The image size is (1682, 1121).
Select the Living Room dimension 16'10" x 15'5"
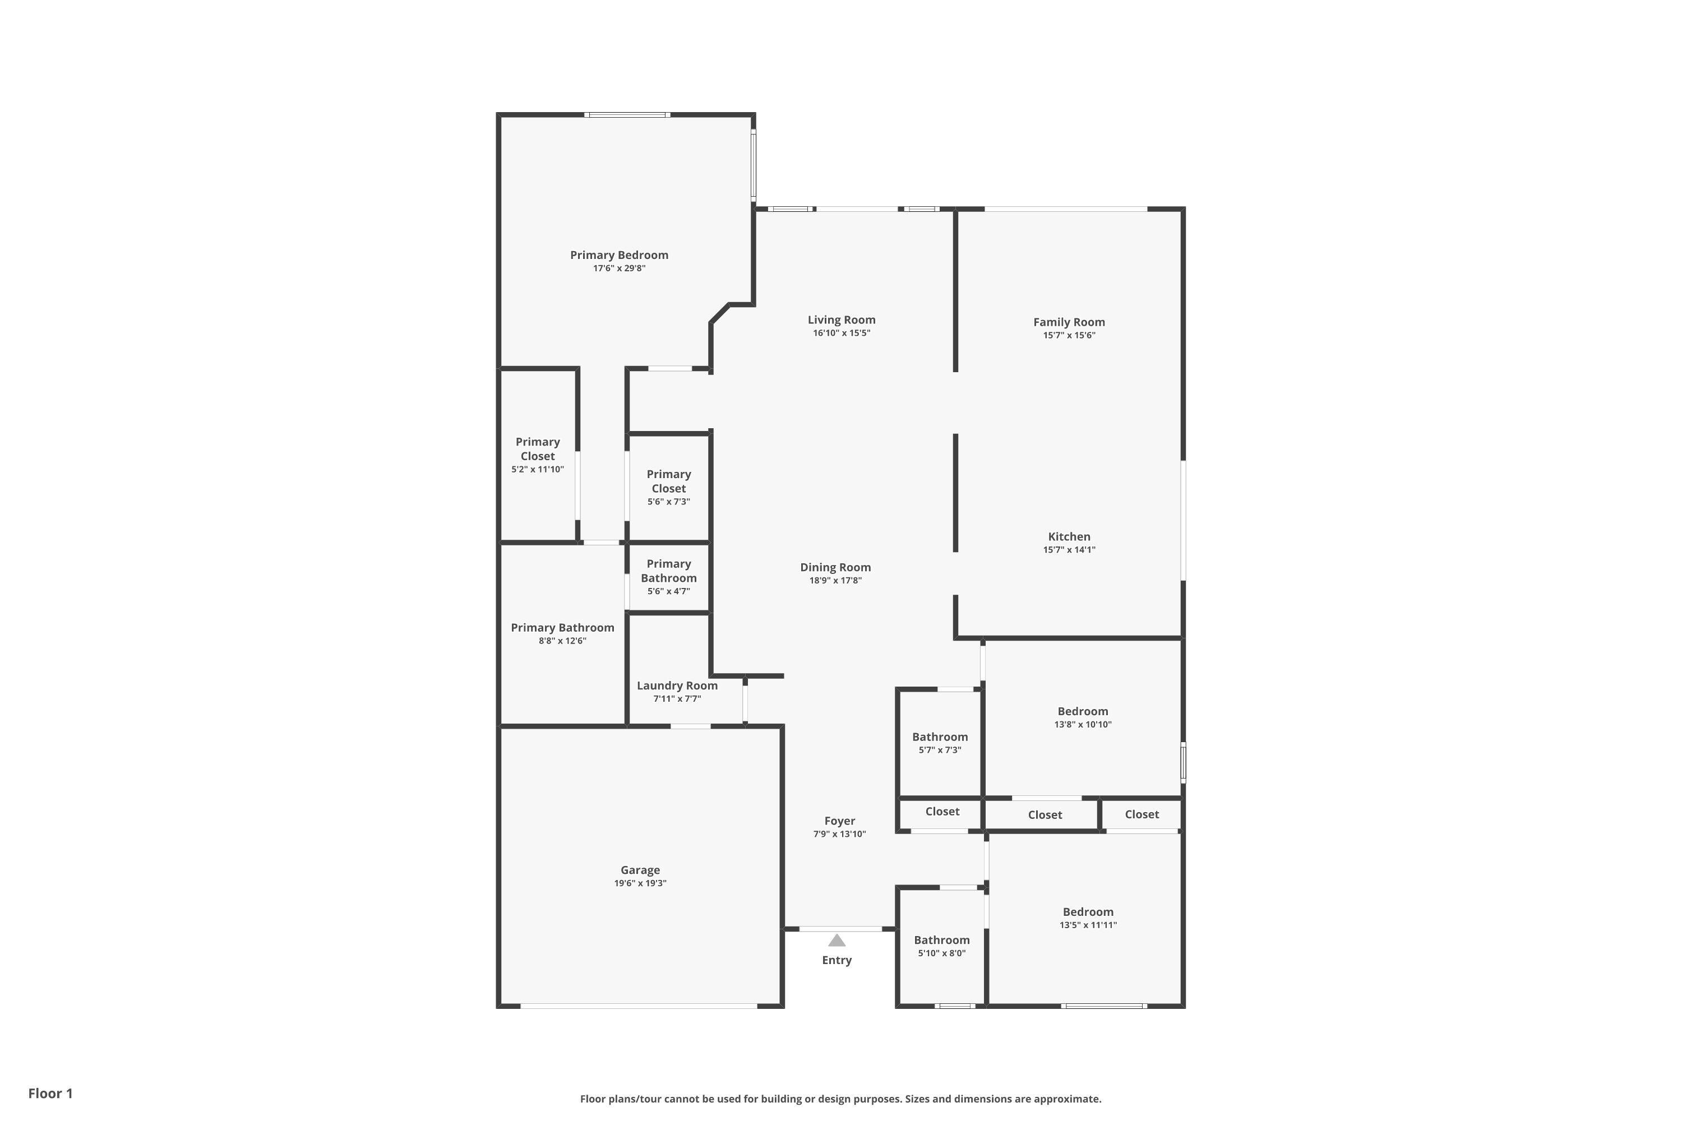pos(841,333)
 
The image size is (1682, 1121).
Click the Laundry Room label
pos(677,685)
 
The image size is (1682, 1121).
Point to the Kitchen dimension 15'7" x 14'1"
pos(1069,550)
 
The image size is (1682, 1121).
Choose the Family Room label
pos(1069,322)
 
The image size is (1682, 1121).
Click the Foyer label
pos(839,822)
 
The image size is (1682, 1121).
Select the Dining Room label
pos(835,568)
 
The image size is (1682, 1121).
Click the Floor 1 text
pos(50,1093)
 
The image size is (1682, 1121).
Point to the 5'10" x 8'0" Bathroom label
pos(941,940)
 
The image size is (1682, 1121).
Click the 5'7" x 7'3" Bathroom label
pos(940,737)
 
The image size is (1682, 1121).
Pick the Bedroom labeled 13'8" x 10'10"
pos(1082,711)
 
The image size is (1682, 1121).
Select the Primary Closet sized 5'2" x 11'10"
pos(537,449)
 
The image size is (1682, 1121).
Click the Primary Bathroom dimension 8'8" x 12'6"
pos(562,641)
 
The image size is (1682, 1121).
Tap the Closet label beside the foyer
pos(942,812)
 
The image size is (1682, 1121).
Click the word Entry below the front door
pos(836,960)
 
